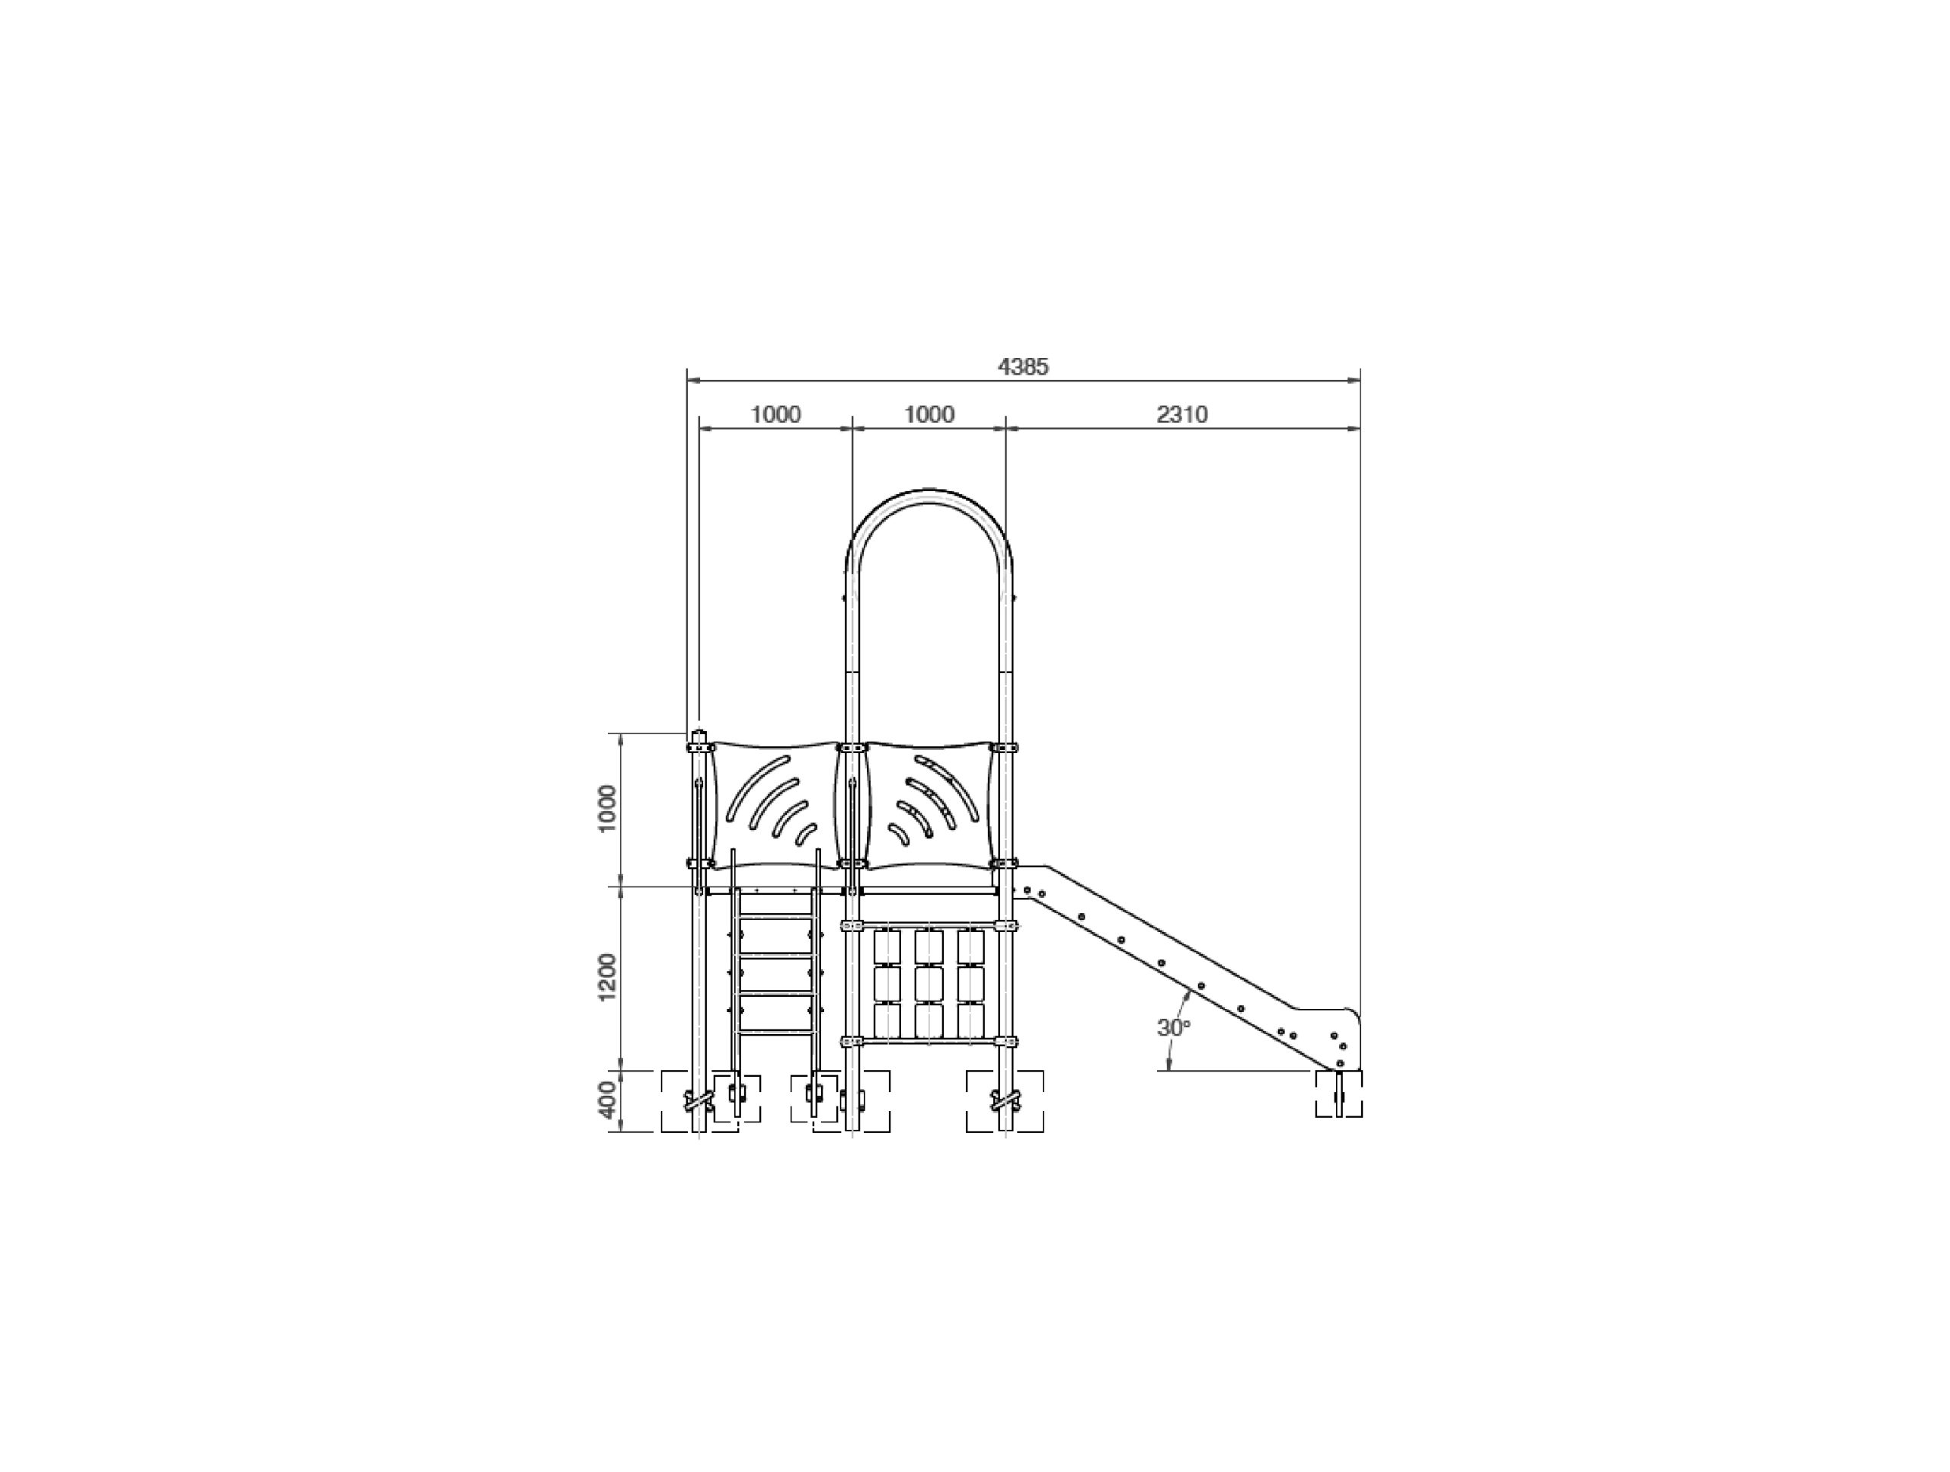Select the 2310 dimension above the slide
coord(1181,414)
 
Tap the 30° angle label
coord(1173,1028)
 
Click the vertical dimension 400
coord(607,1100)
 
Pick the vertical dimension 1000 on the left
coord(607,809)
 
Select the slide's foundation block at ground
coord(1339,1094)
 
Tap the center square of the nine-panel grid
coord(929,983)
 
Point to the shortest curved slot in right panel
coord(897,834)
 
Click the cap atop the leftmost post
coord(699,734)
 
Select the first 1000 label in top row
coord(775,414)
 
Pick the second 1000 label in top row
coord(929,414)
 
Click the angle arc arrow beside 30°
coord(1178,1023)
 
